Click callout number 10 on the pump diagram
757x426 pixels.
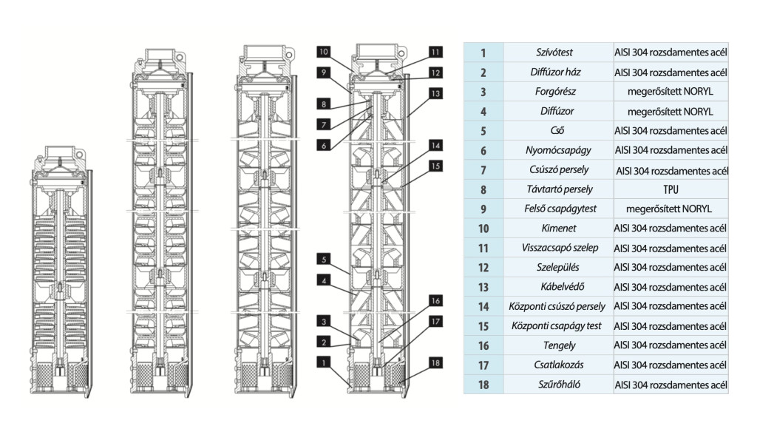pos(325,52)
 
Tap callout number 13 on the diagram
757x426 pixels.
pos(436,94)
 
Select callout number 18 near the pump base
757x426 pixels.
pos(436,362)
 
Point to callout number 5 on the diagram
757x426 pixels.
pos(325,260)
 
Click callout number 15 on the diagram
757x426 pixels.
pos(436,166)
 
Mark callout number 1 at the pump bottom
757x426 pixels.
pos(325,362)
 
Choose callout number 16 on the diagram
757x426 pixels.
pos(436,301)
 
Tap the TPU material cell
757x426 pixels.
pos(671,189)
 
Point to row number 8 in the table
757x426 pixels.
pos(483,189)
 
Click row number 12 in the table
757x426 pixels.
pos(483,268)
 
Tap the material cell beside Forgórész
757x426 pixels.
pos(671,92)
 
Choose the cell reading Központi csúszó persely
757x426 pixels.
pos(558,306)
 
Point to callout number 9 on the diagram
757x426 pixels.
pos(325,72)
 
